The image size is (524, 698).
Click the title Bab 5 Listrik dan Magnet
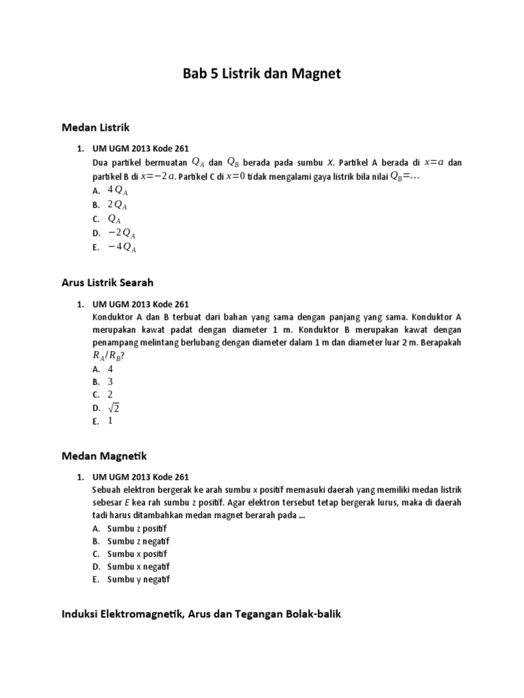[x=262, y=73]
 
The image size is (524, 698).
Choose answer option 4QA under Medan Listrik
[x=117, y=190]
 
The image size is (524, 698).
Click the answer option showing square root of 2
[x=113, y=408]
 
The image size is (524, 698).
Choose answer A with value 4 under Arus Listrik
[x=110, y=369]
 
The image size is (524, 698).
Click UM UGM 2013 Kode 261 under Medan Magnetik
[x=140, y=476]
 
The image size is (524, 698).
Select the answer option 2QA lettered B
[x=117, y=204]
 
